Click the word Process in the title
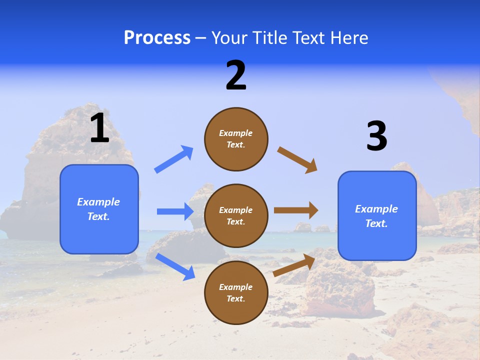pyautogui.click(x=157, y=38)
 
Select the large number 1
pyautogui.click(x=99, y=128)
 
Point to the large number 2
pyautogui.click(x=236, y=75)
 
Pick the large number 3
pyautogui.click(x=376, y=136)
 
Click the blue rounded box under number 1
pyautogui.click(x=99, y=209)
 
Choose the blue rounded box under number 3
pyautogui.click(x=377, y=216)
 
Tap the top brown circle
pyautogui.click(x=236, y=139)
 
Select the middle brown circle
pyautogui.click(x=236, y=215)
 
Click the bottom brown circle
pyautogui.click(x=236, y=292)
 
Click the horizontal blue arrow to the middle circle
pyautogui.click(x=175, y=211)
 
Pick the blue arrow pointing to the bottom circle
pyautogui.click(x=175, y=266)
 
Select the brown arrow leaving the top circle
pyautogui.click(x=297, y=160)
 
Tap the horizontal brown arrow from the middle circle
pyautogui.click(x=296, y=210)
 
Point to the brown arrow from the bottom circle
pyautogui.click(x=294, y=265)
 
